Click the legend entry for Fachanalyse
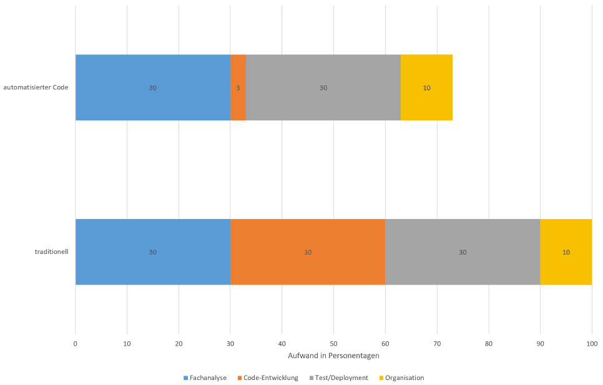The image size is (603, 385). pos(205,378)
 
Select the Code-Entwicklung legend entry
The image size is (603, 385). pos(268,378)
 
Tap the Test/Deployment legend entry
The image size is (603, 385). pos(338,378)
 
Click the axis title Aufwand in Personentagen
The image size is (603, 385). pos(333,356)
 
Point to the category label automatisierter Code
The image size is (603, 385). pos(36,87)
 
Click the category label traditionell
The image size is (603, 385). pos(51,252)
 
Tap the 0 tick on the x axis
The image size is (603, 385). pos(76,343)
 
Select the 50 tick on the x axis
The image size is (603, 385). pos(333,343)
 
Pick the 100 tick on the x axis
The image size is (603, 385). pos(592,343)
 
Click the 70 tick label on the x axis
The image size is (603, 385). pos(437,343)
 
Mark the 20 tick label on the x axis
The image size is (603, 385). pos(179,343)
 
